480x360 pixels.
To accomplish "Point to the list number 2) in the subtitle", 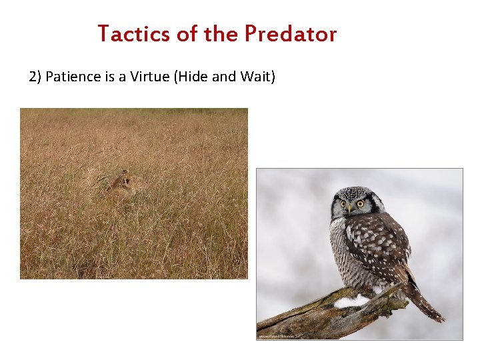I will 35,77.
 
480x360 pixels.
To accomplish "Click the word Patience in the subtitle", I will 71,77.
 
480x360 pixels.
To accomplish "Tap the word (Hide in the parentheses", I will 191,77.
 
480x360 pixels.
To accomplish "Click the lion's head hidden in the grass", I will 122,180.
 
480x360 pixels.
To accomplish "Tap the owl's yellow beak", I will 349,209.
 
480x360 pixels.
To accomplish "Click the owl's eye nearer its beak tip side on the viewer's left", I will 343,203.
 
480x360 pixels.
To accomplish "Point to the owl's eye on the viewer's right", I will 360,203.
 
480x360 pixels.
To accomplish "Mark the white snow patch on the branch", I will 351,301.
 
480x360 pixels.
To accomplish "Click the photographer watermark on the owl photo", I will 280,336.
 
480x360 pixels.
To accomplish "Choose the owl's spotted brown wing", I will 380,243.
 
